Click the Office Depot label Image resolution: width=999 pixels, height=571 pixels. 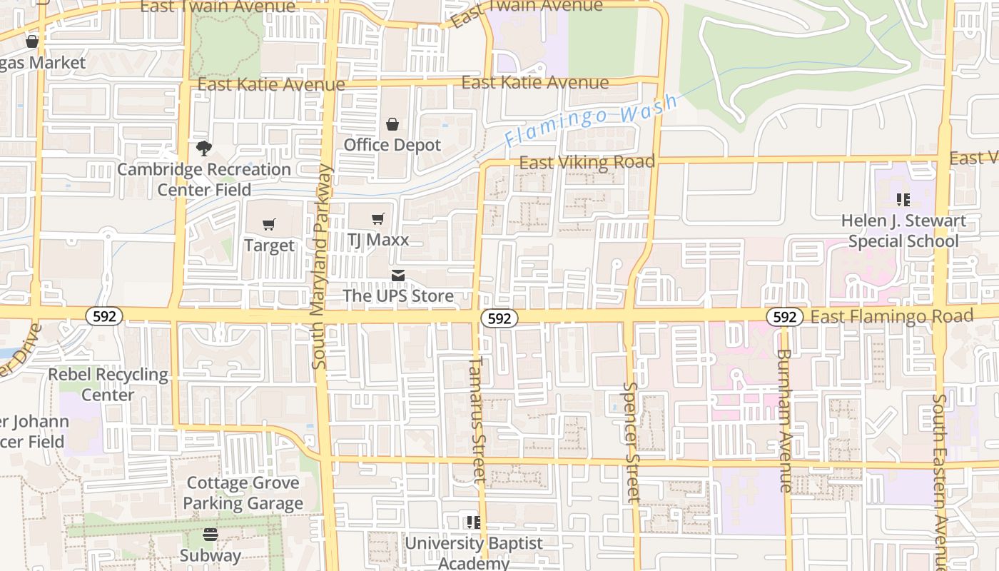392,145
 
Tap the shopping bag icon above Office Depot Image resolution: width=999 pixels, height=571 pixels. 392,125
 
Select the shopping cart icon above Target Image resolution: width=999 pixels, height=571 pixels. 269,225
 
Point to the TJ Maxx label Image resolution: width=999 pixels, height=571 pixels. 377,240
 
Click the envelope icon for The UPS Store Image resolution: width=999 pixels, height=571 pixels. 398,275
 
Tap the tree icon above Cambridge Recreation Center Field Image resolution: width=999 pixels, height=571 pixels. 204,148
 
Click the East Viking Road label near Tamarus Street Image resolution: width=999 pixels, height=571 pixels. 587,163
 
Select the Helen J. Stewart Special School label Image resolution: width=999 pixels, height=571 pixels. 903,231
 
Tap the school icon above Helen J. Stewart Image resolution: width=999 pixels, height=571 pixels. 903,200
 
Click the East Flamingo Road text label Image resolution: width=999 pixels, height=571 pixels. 892,316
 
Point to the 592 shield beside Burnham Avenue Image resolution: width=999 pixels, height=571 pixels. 784,316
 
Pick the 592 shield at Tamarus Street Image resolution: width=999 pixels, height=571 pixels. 499,318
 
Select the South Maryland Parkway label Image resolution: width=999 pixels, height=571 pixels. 321,266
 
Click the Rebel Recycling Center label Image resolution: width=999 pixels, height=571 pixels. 108,384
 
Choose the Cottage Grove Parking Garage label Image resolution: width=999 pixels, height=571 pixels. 243,493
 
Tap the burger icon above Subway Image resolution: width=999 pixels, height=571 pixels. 211,534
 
